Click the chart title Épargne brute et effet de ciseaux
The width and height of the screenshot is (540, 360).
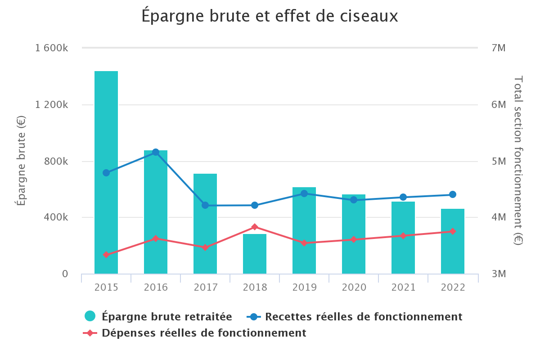(270, 16)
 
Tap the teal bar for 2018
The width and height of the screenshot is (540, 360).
(255, 254)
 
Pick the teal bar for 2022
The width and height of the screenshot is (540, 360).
(453, 241)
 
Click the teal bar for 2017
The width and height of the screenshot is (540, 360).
(205, 224)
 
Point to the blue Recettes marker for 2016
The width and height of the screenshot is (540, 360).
(156, 152)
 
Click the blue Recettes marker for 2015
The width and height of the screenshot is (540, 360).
(106, 173)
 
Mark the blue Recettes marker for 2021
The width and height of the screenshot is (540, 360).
(403, 197)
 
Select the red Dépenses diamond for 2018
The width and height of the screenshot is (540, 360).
(255, 227)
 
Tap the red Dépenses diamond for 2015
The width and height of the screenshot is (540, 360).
(106, 255)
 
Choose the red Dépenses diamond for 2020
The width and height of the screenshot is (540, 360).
(354, 239)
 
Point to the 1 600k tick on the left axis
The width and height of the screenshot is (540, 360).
(51, 48)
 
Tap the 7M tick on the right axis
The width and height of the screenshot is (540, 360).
(499, 48)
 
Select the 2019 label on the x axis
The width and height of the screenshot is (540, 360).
(304, 288)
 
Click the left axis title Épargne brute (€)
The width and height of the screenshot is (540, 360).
(21, 161)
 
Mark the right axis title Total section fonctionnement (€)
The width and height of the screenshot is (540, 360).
(518, 161)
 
